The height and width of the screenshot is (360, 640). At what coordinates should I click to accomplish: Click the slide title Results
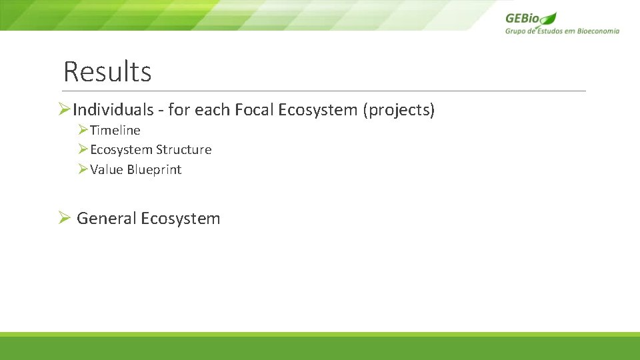point(107,72)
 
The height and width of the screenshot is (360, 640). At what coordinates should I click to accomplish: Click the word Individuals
point(113,110)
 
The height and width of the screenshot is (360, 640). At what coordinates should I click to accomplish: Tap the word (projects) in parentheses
point(399,110)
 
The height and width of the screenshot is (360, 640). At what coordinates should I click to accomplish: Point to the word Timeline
point(115,131)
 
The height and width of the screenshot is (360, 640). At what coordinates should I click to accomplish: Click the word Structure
point(183,150)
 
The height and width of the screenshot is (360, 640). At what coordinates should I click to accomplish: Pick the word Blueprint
point(154,170)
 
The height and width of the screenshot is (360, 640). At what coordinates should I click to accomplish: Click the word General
point(107,219)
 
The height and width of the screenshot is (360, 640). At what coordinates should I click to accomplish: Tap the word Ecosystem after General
point(181,219)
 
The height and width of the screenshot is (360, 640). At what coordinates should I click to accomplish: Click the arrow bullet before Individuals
point(65,109)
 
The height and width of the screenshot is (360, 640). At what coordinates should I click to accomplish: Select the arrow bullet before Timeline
point(83,130)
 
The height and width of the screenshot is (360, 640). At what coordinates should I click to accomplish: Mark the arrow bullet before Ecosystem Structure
point(83,149)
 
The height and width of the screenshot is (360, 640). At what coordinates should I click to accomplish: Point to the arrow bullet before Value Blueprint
point(83,169)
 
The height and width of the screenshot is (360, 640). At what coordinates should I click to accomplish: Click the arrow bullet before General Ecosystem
point(64,218)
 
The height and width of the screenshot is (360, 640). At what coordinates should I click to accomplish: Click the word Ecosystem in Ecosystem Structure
point(121,150)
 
